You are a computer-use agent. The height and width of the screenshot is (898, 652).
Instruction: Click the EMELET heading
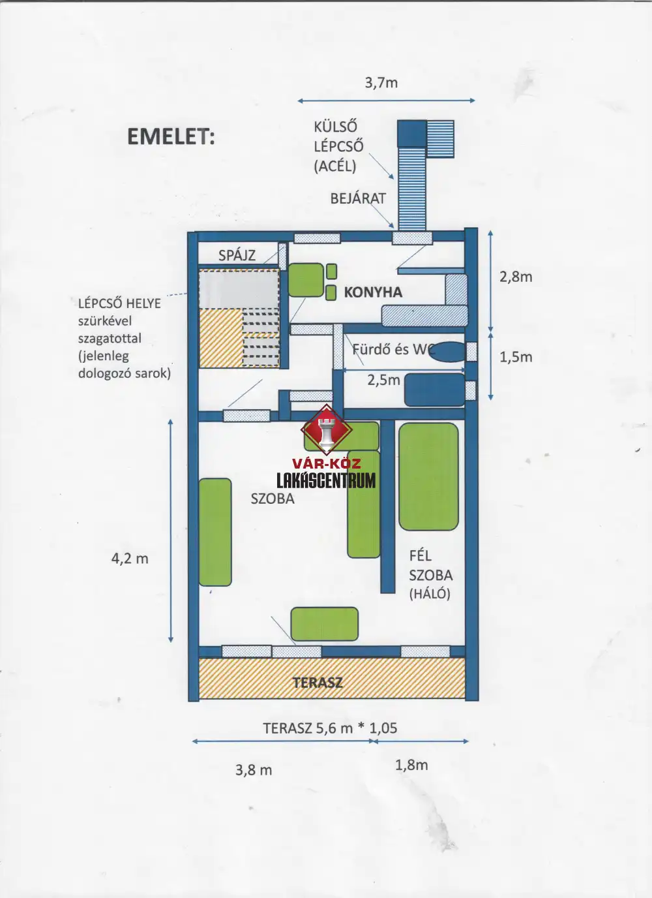(x=171, y=136)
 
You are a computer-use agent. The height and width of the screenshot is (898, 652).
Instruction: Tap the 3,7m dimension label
(x=381, y=83)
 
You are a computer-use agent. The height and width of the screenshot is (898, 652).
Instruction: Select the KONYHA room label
(x=373, y=292)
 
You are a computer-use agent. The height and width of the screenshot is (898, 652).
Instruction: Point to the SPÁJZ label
(x=237, y=255)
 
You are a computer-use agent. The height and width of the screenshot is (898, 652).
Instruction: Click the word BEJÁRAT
(x=358, y=198)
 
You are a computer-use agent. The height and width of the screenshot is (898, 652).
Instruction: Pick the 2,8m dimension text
(x=516, y=277)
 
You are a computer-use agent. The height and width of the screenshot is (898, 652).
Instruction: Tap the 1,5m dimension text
(x=516, y=357)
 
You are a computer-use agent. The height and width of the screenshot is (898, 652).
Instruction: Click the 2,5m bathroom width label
(x=383, y=380)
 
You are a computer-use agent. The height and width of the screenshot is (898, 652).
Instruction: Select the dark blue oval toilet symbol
(x=449, y=352)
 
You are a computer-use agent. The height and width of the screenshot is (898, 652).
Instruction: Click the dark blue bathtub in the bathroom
(x=434, y=390)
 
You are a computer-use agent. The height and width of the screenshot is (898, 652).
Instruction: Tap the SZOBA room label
(x=273, y=499)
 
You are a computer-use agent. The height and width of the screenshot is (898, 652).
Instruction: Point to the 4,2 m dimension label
(x=130, y=559)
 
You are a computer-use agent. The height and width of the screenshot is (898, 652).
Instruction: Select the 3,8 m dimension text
(x=254, y=770)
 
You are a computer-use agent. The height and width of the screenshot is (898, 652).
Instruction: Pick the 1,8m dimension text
(x=411, y=765)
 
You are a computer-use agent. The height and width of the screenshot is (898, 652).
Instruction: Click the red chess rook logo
(x=327, y=431)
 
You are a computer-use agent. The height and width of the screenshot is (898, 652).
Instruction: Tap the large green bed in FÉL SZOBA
(x=428, y=476)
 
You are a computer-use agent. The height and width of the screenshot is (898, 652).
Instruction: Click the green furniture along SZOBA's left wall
(x=215, y=533)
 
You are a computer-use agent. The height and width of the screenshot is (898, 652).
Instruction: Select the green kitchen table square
(x=306, y=280)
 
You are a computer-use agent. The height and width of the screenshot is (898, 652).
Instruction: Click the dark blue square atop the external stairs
(x=411, y=134)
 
